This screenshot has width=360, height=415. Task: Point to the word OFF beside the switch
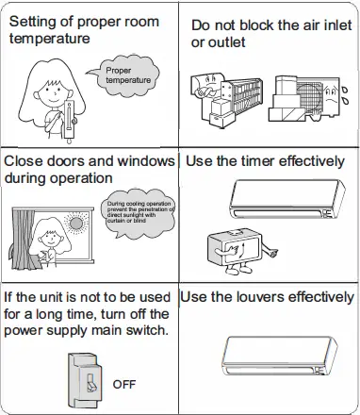click(x=124, y=385)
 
